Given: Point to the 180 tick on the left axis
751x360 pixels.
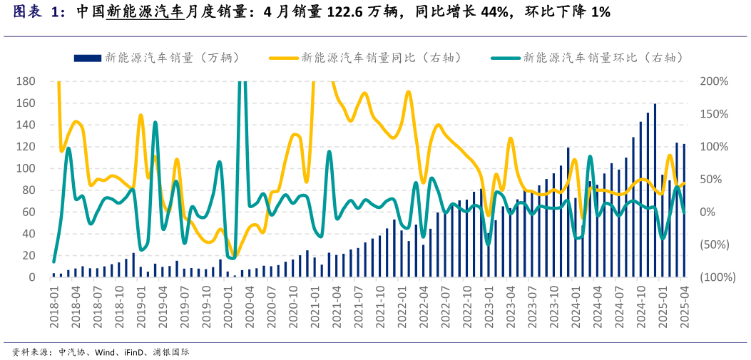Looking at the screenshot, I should point(26,81).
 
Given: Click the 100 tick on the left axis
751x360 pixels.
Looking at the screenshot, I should point(26,168).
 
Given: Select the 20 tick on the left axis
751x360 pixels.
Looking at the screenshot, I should point(29,255).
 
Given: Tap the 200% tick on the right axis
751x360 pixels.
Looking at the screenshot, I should point(714,81).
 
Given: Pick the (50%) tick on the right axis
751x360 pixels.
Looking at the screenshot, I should point(714,245).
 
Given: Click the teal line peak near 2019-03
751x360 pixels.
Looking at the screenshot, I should point(155,123).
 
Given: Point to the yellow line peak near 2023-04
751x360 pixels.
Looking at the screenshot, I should point(511,138).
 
